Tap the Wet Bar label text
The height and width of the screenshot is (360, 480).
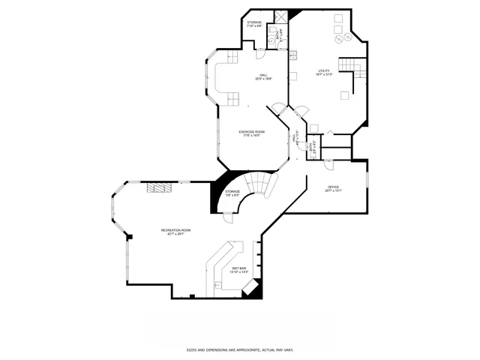(239, 270)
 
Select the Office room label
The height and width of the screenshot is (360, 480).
(333, 188)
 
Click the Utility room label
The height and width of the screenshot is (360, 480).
(323, 72)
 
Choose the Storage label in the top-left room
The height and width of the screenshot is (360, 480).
(255, 24)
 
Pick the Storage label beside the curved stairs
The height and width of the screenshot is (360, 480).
(233, 193)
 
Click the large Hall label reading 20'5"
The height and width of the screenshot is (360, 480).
(263, 76)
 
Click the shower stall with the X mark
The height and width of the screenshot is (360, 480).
(280, 16)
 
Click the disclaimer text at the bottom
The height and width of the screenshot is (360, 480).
(239, 349)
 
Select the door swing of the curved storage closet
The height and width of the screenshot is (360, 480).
(228, 217)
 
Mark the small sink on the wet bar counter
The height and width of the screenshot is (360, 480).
(217, 284)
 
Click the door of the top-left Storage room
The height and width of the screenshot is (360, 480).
(260, 53)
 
